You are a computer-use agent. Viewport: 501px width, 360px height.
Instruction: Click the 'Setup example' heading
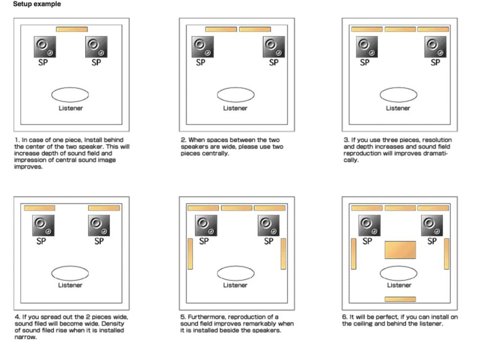point(37,4)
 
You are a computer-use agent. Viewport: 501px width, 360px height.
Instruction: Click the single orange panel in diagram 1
point(72,29)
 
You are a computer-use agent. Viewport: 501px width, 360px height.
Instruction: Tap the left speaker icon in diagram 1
point(45,47)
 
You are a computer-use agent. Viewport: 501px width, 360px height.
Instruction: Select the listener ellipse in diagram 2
point(236,95)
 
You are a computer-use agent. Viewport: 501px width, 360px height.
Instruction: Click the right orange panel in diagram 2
point(255,29)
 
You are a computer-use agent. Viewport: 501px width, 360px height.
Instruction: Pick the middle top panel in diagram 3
point(400,29)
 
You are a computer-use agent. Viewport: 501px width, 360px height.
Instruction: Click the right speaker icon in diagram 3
point(435,47)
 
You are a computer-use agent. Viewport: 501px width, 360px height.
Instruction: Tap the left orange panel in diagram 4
point(40,208)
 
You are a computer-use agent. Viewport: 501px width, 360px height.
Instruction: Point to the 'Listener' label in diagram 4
point(70,285)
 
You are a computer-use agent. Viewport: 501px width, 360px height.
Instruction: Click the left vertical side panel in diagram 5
point(190,254)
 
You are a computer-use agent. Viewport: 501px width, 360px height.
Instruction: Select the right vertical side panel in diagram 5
point(283,254)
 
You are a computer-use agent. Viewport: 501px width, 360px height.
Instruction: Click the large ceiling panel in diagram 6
point(400,250)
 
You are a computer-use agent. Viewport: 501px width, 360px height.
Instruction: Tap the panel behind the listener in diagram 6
point(400,299)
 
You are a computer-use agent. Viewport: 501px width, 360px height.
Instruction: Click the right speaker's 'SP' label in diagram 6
point(432,241)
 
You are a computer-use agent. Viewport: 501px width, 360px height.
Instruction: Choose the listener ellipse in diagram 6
point(398,273)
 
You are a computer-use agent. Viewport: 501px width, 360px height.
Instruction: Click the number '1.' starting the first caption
point(17,140)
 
